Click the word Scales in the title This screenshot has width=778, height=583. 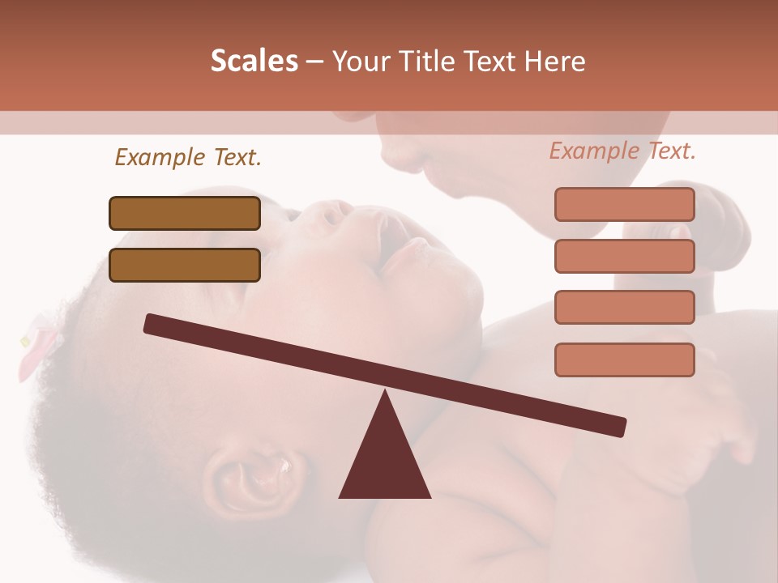coord(254,62)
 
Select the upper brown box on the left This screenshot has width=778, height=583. coord(185,213)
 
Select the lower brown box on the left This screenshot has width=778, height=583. coord(185,265)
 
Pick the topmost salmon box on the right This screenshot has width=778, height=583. coord(624,204)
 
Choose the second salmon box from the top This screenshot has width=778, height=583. coord(624,256)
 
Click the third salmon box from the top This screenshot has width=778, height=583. coord(624,307)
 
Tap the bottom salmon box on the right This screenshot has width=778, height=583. coord(624,360)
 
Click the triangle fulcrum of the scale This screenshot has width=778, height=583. coord(385,462)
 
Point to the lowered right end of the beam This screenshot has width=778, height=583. coord(619,427)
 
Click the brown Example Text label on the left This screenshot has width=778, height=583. coord(188,157)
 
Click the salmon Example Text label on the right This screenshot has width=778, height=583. coord(622,151)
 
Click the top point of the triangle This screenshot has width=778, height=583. coord(385,392)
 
